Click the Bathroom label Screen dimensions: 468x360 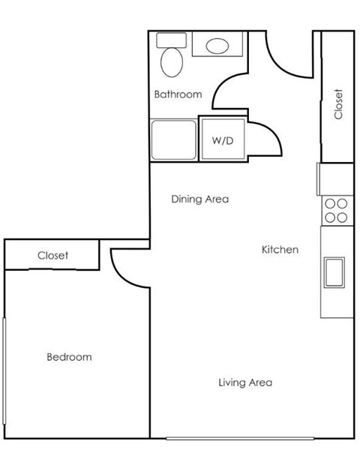pos(178,94)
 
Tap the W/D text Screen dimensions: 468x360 pos(221,140)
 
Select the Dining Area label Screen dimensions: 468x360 pos(199,199)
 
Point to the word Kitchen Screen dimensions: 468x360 pos(280,249)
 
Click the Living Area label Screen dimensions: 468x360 pos(244,382)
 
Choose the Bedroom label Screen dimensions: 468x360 pos(69,357)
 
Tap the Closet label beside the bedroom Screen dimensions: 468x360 pos(52,256)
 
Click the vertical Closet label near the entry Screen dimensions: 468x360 pos(338,104)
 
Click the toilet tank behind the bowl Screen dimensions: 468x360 pos(166,41)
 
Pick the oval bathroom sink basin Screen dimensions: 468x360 pos(218,46)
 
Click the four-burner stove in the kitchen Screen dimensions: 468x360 pos(336,210)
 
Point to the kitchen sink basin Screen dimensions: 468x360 pos(333,271)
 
